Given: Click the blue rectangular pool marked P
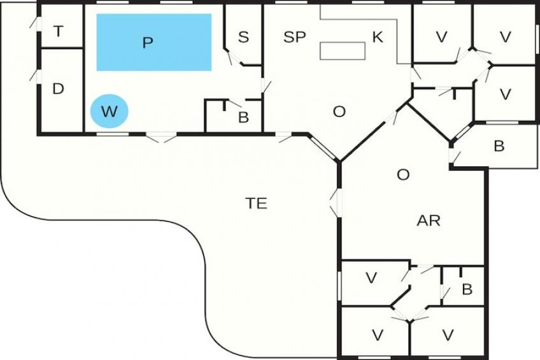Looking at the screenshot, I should pos(154,42).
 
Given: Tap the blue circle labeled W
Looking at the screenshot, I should pos(110,112).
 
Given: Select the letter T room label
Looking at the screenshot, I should pos(59,31).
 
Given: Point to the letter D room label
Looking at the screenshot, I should pos(58,89).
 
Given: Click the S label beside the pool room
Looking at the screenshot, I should pos(243,37).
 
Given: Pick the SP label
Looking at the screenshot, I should pos(295,37).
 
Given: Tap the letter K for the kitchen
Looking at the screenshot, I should pos(378,37).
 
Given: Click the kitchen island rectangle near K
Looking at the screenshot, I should pos(341,51).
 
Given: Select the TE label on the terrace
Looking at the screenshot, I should pos(257,203).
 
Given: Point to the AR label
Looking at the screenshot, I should pos(429,221).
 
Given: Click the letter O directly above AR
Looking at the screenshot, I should pos(403,175).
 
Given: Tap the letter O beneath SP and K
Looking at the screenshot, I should pos(339,112).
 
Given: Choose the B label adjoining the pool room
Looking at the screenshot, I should pos(243,117).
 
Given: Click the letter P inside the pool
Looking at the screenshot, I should pos(148,43).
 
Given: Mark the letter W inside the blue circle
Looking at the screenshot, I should pos(110,112).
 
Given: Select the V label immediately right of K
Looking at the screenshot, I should pos(441,37).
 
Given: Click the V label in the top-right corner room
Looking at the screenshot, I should pos(506,37).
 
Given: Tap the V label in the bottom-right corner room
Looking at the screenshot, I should pos(448,335).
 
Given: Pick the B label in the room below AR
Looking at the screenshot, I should pos(467,290).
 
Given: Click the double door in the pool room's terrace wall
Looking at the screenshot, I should pos(161,136).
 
